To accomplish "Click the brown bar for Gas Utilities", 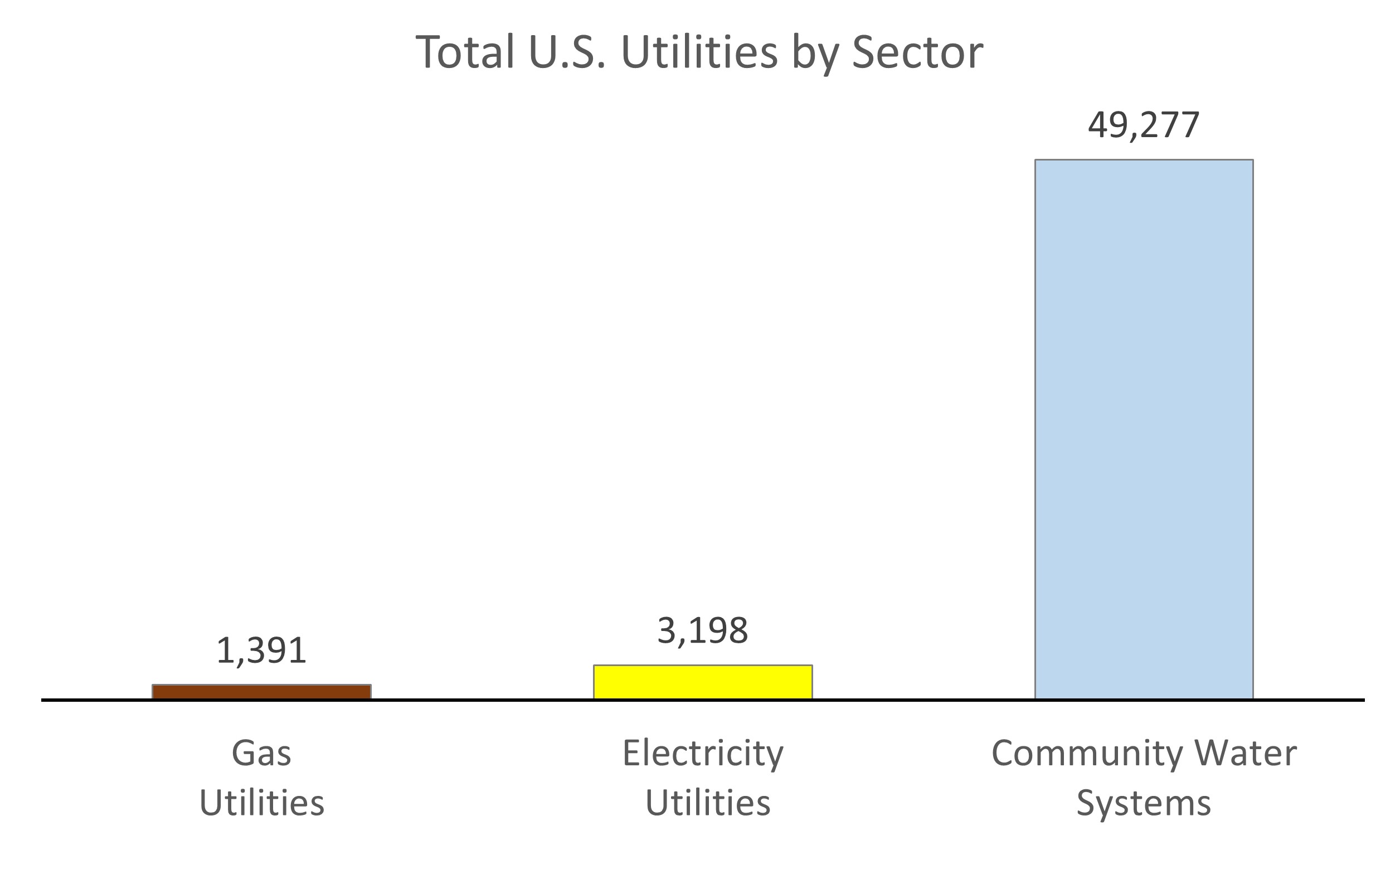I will tap(261, 691).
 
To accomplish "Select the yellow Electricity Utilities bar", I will tap(703, 682).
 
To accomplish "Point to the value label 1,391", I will tap(261, 650).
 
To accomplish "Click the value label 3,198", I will tap(703, 630).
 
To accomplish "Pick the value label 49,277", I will tap(1144, 125).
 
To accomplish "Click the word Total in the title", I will tap(465, 52).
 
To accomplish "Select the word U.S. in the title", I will tap(567, 52).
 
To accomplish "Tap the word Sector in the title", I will tap(917, 52).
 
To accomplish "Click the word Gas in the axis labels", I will tap(261, 754).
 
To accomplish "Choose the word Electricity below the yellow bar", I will tap(703, 754).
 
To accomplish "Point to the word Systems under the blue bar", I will tap(1144, 803).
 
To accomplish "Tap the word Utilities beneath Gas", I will tap(261, 803).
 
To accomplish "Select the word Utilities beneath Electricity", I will tap(707, 803).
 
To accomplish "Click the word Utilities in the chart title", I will tap(699, 52).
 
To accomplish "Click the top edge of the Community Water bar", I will tap(1144, 160).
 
